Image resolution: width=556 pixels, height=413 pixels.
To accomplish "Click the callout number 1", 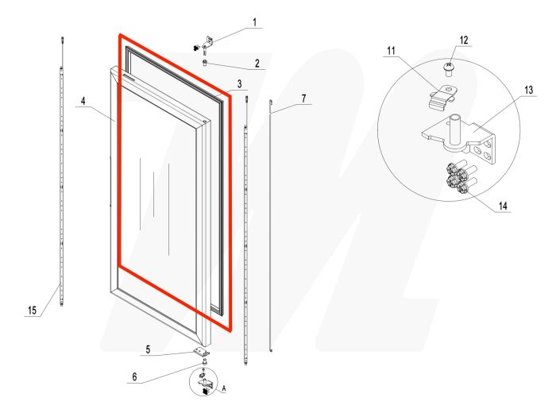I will tap(254, 22).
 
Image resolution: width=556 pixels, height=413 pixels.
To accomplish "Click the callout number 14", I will tap(503, 205).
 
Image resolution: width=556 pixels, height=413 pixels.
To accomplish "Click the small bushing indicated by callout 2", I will tap(207, 64).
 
